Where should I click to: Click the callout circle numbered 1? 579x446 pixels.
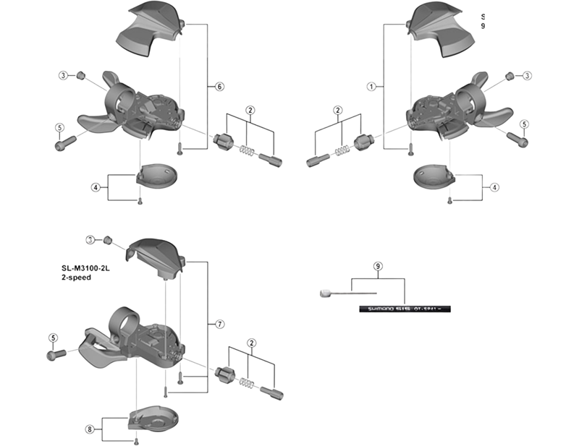pyautogui.click(x=371, y=87)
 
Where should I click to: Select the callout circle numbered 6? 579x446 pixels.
pyautogui.click(x=219, y=87)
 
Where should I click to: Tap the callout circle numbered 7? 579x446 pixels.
pyautogui.click(x=219, y=323)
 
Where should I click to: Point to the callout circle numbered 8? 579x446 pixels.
pyautogui.click(x=90, y=429)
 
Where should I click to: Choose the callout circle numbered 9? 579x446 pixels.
pyautogui.click(x=378, y=266)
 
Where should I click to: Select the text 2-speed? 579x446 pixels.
pyautogui.click(x=76, y=277)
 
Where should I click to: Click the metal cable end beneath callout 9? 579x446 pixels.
pyautogui.click(x=326, y=293)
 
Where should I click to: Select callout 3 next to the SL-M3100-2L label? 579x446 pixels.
pyautogui.click(x=90, y=240)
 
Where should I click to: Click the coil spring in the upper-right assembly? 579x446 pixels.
pyautogui.click(x=339, y=149)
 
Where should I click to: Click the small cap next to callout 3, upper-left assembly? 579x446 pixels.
pyautogui.click(x=82, y=74)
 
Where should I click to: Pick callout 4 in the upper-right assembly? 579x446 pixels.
pyautogui.click(x=495, y=187)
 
